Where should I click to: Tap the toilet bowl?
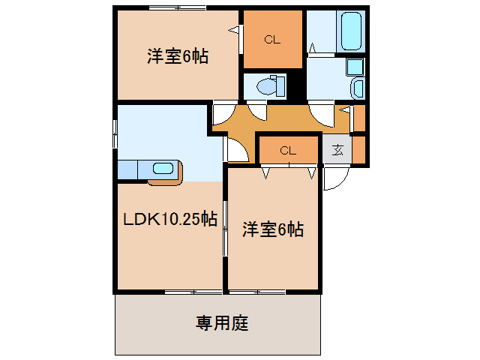coord(265,86)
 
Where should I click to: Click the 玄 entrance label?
coord(337,149)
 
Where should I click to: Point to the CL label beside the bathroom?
coord(271,40)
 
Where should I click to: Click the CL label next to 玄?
coord(288,150)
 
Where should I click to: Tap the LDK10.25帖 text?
coord(170,219)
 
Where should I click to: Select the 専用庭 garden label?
coord(222,324)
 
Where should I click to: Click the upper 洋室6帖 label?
coord(177,55)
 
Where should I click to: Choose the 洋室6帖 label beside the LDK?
coord(272,230)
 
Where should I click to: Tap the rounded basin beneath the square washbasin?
coord(357,88)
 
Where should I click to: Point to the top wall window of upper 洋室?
coord(177,8)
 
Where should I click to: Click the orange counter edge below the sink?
coord(165,181)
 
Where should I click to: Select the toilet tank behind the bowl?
coord(280,85)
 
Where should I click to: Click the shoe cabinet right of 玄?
coord(358,149)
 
